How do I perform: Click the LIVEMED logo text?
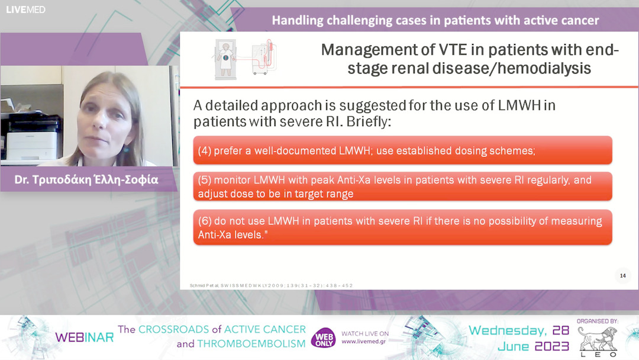click(x=25, y=9)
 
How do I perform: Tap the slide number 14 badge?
click(x=622, y=275)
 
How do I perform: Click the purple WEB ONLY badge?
click(x=324, y=338)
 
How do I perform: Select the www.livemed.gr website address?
click(x=365, y=342)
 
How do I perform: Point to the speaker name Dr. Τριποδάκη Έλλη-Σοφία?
click(x=86, y=179)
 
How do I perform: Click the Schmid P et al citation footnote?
click(x=271, y=285)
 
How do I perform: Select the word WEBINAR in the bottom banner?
click(x=84, y=337)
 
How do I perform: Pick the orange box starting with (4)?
click(x=402, y=150)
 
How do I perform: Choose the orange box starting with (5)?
click(x=402, y=187)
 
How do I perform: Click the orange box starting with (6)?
click(x=402, y=227)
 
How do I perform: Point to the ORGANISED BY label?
click(x=597, y=321)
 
